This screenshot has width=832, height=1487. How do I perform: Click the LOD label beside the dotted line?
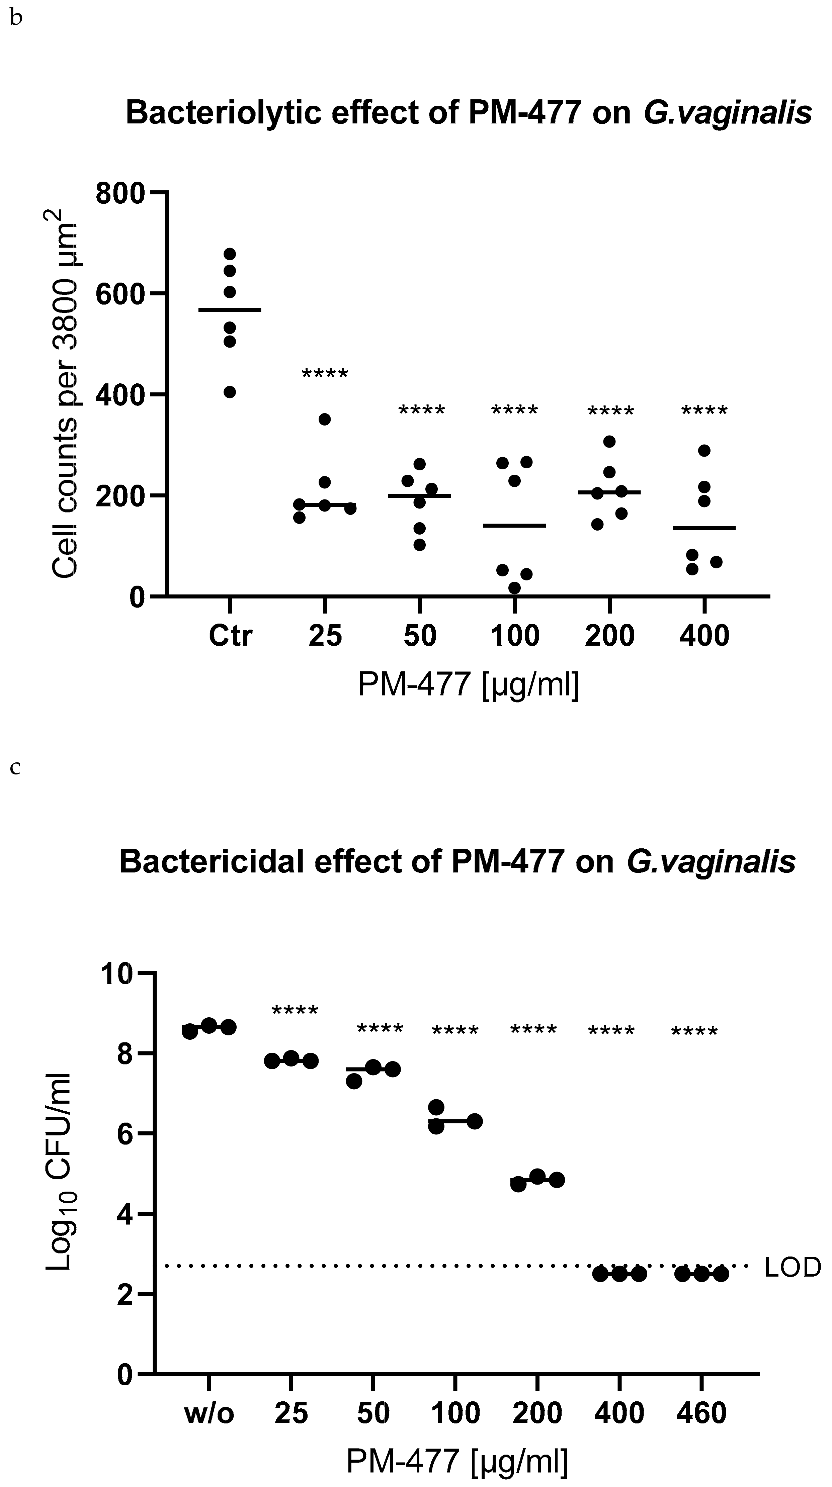pos(792,1267)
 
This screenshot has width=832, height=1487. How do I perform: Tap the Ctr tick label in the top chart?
pos(230,636)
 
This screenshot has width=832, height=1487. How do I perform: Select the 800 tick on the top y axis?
pos(120,192)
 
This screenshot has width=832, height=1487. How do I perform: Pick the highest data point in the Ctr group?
pos(230,254)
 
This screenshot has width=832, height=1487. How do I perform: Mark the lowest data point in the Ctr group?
pos(230,392)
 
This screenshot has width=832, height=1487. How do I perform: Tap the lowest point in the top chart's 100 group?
pos(514,588)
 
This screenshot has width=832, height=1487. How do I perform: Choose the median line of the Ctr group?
pos(230,310)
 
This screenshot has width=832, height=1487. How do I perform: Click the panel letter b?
pos(16,19)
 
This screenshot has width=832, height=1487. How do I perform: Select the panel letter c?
pos(16,768)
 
